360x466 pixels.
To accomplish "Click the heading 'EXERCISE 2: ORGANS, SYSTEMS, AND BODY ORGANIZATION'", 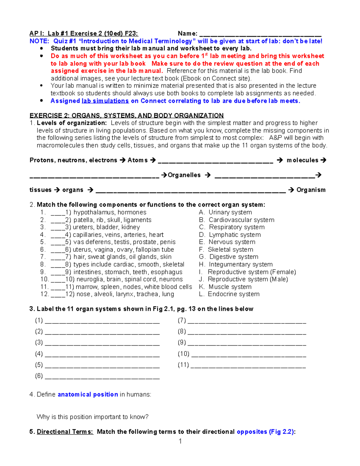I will pos(127,116).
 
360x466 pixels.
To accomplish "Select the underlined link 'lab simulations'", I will pos(105,101).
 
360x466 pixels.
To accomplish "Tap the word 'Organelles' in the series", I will pos(184,175).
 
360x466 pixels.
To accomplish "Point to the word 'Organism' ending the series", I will pos(311,190).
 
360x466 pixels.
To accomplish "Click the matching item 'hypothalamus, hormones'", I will pos(110,212).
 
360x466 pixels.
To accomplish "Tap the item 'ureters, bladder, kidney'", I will pos(106,227).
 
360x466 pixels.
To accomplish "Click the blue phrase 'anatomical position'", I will pos(88,394).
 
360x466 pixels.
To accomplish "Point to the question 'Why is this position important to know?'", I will pos(92,417).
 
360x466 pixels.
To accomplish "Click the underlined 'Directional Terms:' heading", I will pos(65,431).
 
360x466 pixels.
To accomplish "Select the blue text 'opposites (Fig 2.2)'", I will pos(265,431).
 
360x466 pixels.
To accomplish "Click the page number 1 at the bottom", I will pos(180,441).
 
